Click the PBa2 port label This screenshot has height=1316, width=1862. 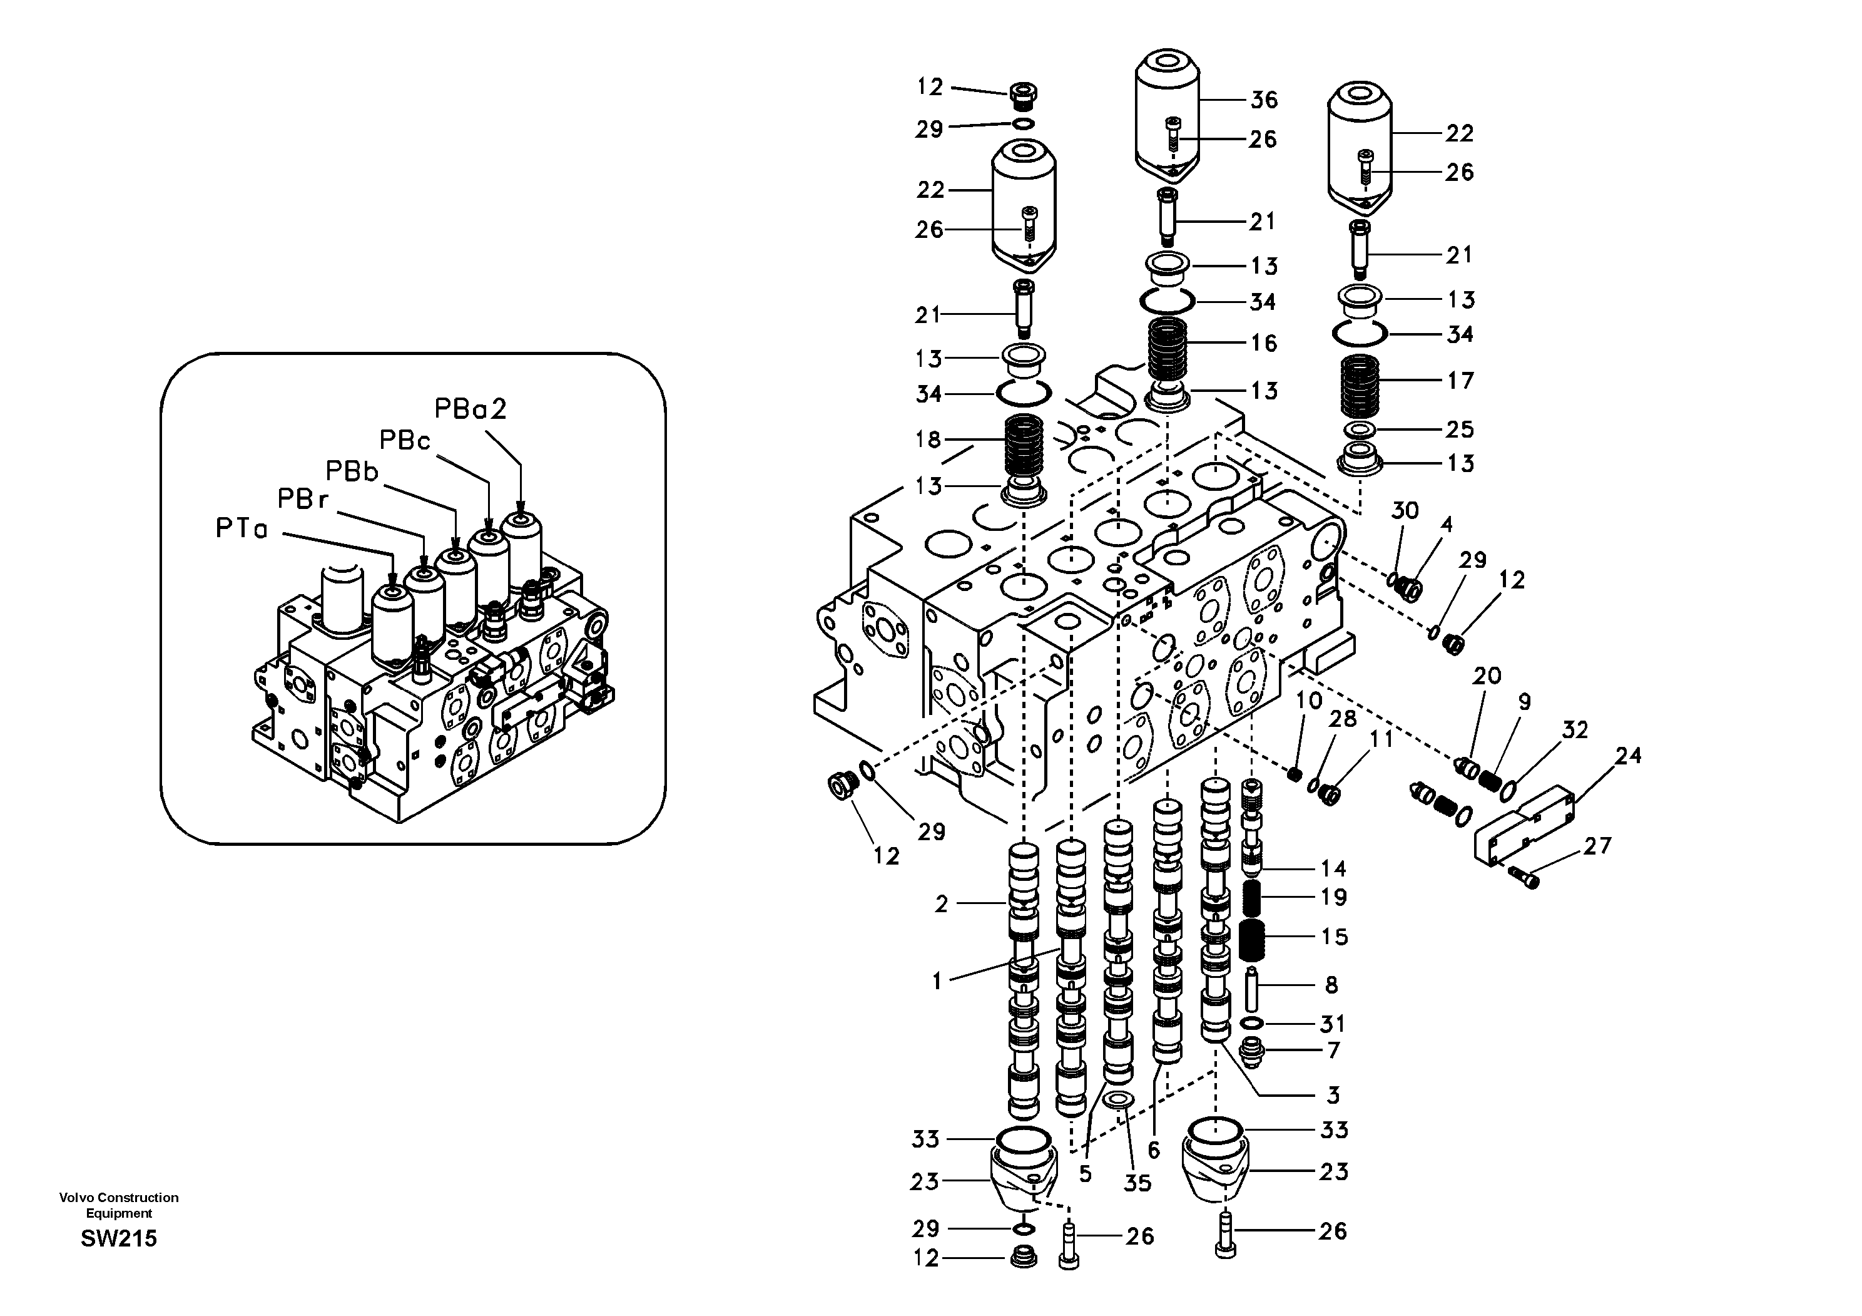[471, 409]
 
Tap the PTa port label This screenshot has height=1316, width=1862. [241, 529]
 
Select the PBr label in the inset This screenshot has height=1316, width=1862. [302, 499]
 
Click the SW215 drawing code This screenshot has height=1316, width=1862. [118, 1239]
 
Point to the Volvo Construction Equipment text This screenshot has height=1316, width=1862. [118, 1205]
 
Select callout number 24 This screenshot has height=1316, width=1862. [1627, 756]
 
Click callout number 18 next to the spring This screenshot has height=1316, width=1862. [928, 440]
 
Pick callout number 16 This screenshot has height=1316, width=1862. [1263, 343]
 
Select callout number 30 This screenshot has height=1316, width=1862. [1405, 511]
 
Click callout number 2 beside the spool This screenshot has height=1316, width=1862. [941, 904]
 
